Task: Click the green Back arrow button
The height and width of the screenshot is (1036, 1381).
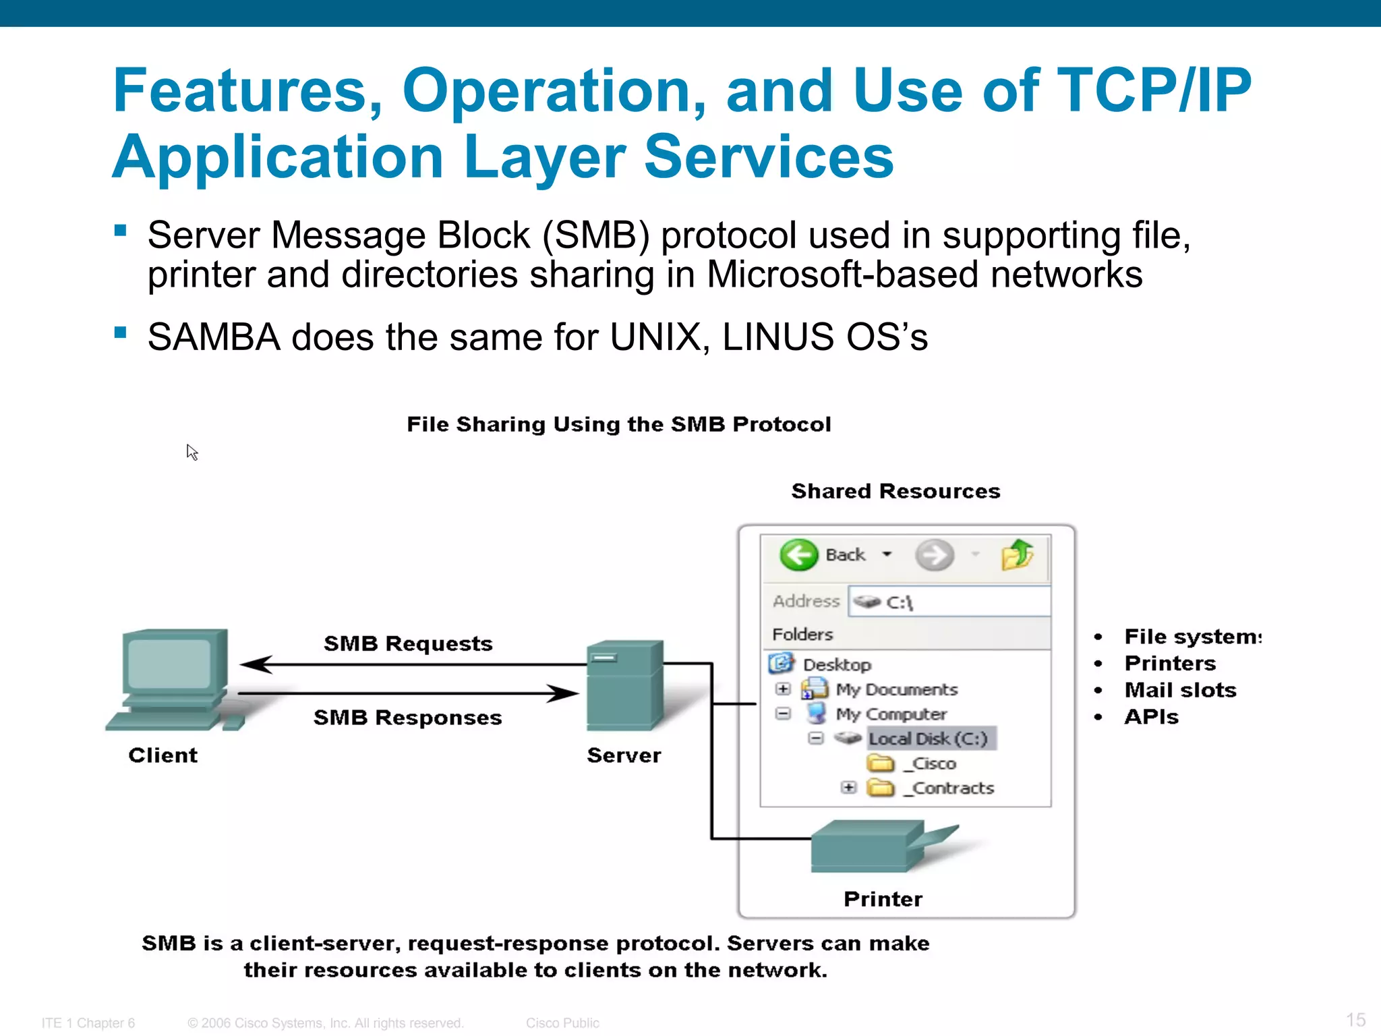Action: [x=799, y=555]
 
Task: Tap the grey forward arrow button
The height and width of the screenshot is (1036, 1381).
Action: [x=935, y=555]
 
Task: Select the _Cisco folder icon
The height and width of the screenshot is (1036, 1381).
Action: [x=880, y=764]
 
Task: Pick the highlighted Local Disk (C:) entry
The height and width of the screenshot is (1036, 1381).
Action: [x=928, y=739]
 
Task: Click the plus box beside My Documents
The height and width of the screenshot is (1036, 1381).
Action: [x=783, y=689]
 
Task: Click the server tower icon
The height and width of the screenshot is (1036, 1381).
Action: [x=624, y=685]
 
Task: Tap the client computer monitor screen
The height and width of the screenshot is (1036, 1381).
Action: [x=169, y=664]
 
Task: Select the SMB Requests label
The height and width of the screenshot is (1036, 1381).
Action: [x=408, y=643]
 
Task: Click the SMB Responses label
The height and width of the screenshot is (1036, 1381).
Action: [x=408, y=718]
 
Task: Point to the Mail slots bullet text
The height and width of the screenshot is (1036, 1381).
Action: [x=1180, y=690]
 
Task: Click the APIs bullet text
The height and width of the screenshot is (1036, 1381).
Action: [x=1151, y=717]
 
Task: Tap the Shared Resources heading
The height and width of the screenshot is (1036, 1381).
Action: [x=895, y=491]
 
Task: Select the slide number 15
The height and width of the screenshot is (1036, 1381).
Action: [x=1355, y=1020]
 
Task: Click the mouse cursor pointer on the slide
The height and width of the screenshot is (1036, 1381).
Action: [x=192, y=451]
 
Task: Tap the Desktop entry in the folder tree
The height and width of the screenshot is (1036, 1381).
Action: [x=836, y=664]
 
